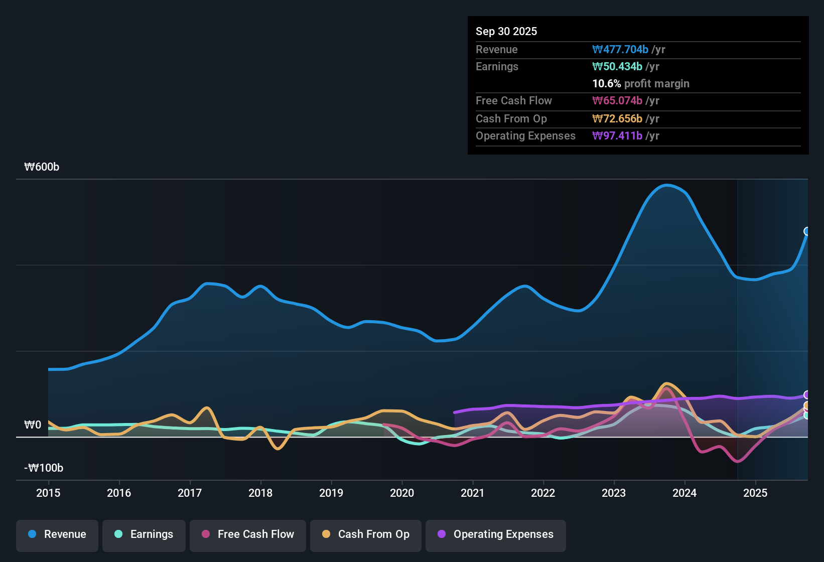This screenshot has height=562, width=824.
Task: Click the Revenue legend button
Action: (x=57, y=534)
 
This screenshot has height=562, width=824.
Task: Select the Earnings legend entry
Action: (x=144, y=534)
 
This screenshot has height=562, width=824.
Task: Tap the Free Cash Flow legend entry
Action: (x=248, y=534)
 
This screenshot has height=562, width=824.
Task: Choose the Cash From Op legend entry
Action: (x=366, y=534)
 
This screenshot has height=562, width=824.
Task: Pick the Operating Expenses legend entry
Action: (x=496, y=534)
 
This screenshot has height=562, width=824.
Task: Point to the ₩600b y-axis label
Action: (x=42, y=167)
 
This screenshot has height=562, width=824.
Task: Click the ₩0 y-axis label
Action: (x=33, y=425)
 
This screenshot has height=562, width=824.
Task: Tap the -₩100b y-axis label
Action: (x=44, y=468)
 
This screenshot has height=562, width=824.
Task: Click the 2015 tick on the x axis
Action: (x=48, y=493)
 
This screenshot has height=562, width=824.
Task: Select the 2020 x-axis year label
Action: (x=402, y=493)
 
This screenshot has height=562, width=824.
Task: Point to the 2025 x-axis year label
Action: (x=755, y=493)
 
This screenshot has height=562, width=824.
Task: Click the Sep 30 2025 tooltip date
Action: (x=506, y=31)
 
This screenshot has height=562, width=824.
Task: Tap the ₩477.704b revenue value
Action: (x=620, y=49)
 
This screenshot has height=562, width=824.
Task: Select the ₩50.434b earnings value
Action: (x=617, y=66)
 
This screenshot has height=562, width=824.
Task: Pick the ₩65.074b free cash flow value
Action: (x=617, y=100)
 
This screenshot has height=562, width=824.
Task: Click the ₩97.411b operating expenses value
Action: (x=617, y=135)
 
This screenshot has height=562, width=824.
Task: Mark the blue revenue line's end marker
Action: (x=807, y=231)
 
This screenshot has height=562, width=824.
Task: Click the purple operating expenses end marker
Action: (x=807, y=395)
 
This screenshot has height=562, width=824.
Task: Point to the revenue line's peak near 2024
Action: (x=666, y=185)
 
